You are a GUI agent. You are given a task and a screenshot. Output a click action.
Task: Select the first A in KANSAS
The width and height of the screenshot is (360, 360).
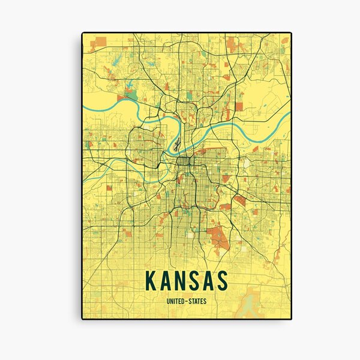click(x=164, y=280)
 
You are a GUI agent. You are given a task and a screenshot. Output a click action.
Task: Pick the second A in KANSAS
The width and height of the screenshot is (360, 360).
click(x=208, y=280)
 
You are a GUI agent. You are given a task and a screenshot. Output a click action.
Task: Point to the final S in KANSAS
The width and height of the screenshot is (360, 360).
click(x=222, y=280)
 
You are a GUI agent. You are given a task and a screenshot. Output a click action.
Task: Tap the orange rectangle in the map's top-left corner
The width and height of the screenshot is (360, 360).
click(x=100, y=41)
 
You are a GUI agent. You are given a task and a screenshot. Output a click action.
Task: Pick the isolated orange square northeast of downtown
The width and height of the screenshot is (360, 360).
click(x=239, y=107)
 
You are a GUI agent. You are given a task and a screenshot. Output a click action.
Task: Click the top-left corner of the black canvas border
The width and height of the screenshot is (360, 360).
click(x=82, y=32)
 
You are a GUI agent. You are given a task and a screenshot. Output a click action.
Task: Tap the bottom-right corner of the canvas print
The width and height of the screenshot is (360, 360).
click(x=292, y=319)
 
